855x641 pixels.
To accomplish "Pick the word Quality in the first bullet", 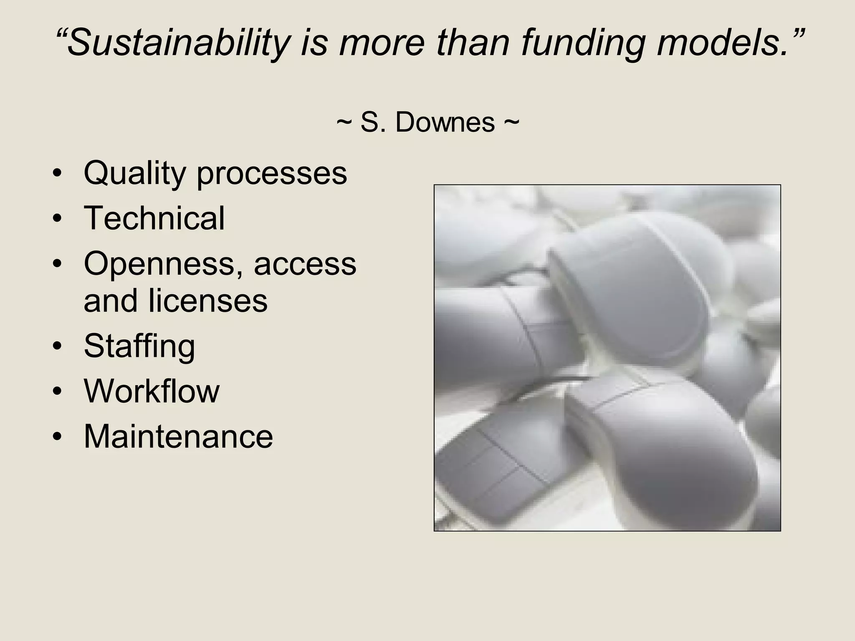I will (134, 173).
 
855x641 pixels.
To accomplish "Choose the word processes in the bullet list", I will (272, 173).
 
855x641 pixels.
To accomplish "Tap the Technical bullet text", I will (154, 218).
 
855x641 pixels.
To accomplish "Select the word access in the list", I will (305, 264).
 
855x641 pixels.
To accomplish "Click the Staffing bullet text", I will (139, 346).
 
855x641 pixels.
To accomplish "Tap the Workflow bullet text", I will (152, 391).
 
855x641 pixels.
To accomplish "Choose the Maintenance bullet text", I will (178, 437).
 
